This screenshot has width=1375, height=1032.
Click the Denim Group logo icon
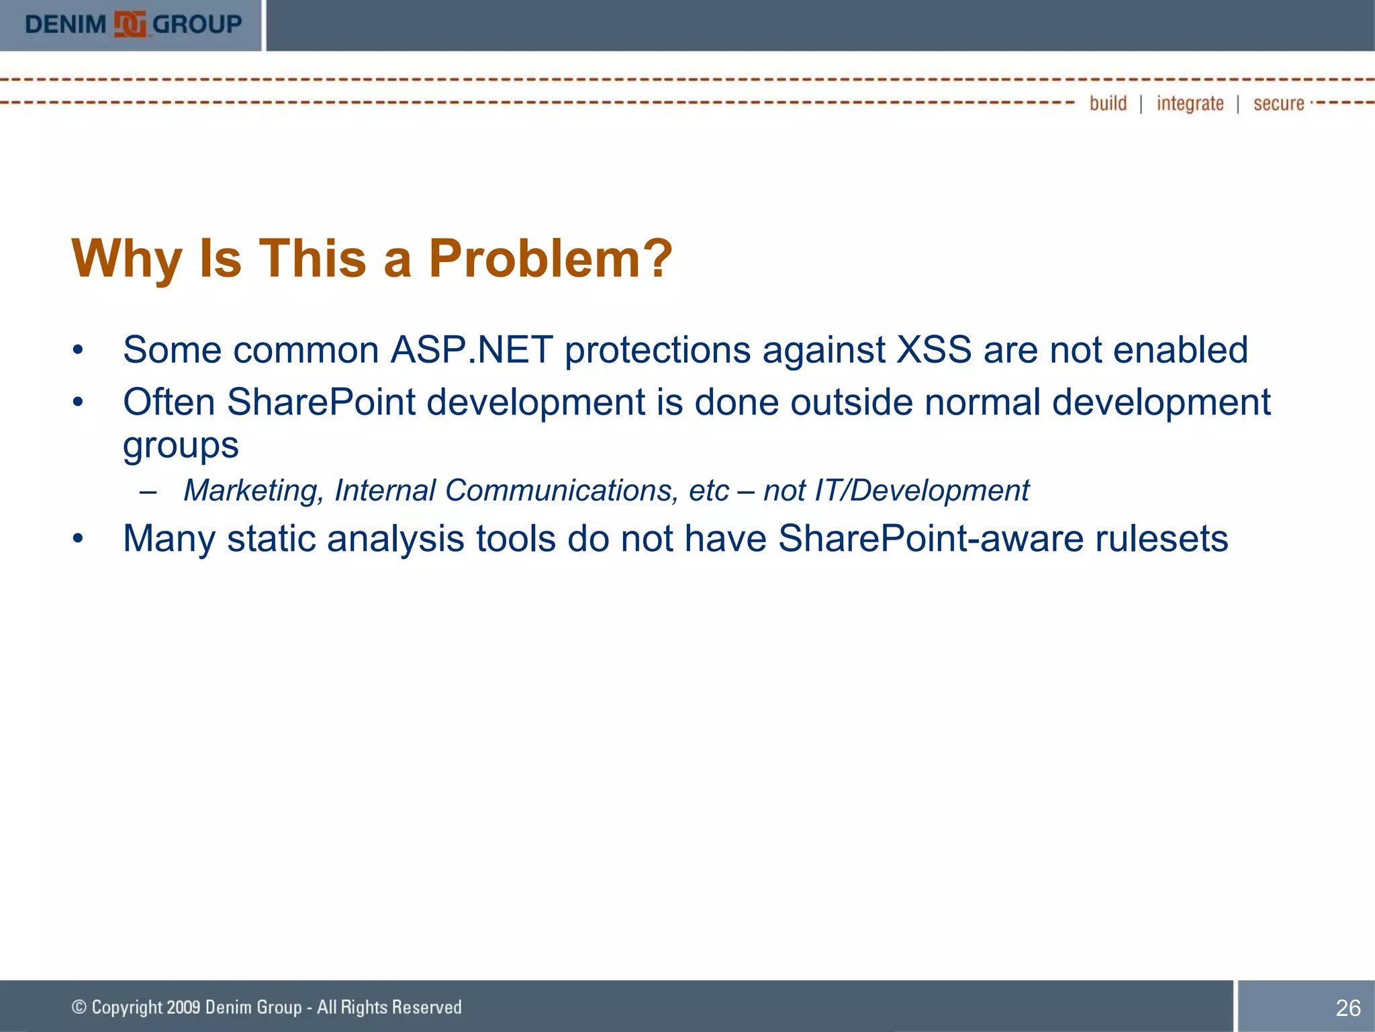[x=130, y=24]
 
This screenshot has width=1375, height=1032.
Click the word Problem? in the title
[x=550, y=259]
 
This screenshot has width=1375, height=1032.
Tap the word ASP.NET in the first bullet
[x=472, y=350]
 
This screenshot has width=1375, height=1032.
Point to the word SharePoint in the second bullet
[x=321, y=402]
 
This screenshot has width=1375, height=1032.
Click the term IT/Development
[x=922, y=490]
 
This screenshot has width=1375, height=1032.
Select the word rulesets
[x=1161, y=539]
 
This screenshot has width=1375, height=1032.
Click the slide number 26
[x=1347, y=1008]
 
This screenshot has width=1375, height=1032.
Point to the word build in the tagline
[x=1108, y=103]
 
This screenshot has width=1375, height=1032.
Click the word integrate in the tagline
[x=1190, y=104]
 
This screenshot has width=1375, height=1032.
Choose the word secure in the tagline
[x=1278, y=104]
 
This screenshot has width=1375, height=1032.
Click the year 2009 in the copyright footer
[x=183, y=1007]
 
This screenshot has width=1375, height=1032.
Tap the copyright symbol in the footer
[x=79, y=1007]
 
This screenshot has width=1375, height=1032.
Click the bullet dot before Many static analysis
[x=79, y=539]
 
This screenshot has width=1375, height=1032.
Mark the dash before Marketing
[x=148, y=491]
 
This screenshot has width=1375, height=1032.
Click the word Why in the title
[x=127, y=260]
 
